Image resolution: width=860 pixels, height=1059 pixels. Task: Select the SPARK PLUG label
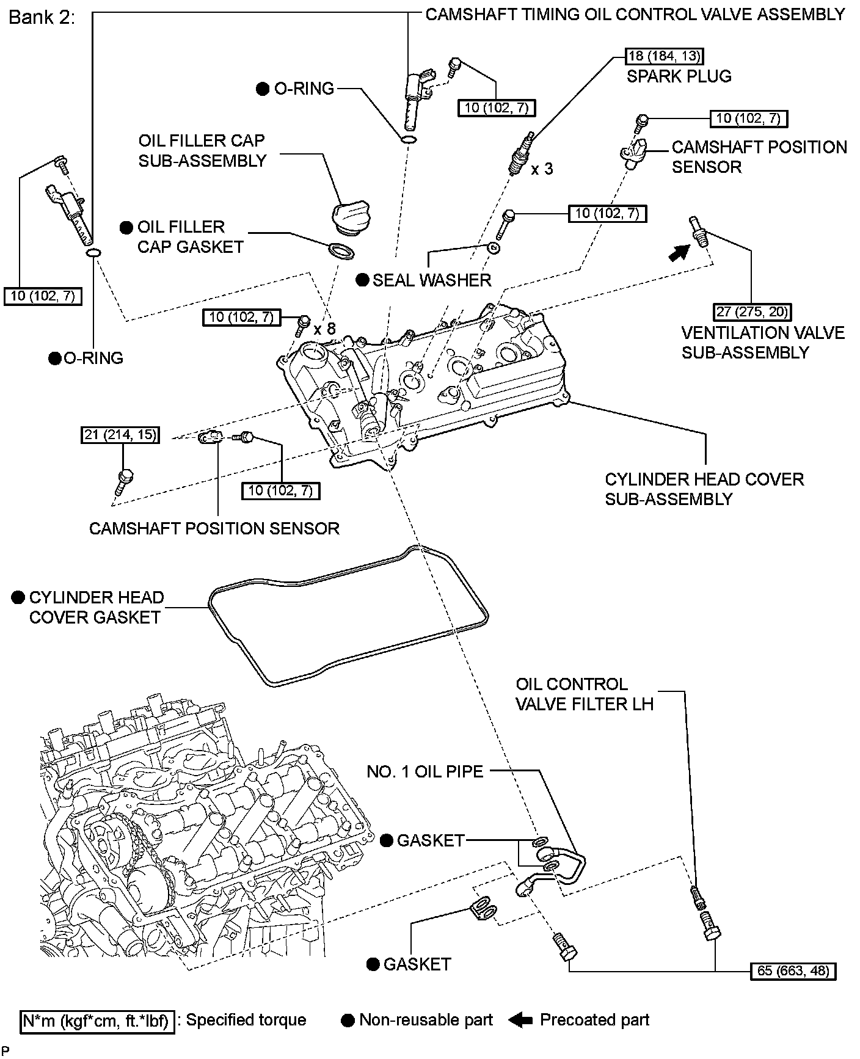(x=679, y=76)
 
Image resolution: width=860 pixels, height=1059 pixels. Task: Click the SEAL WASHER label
(x=431, y=280)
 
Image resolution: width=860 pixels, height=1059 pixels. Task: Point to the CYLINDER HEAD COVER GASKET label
(x=95, y=607)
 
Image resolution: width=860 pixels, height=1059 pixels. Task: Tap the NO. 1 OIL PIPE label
(x=425, y=771)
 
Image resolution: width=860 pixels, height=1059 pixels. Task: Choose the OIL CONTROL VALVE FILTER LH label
(x=584, y=694)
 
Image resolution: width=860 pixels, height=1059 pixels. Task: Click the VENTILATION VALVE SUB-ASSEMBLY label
(x=763, y=343)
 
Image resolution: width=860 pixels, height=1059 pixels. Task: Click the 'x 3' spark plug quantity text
(x=542, y=169)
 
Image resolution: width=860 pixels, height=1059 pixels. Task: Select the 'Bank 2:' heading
(x=42, y=17)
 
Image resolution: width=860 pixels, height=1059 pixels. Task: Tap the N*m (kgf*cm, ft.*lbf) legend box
(x=98, y=1020)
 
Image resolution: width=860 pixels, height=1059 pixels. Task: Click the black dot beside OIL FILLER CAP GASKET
(x=126, y=228)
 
